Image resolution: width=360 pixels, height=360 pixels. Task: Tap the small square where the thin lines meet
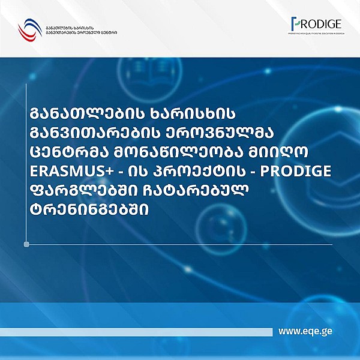coord(26,244)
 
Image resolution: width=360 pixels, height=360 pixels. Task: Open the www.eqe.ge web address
coord(306,332)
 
